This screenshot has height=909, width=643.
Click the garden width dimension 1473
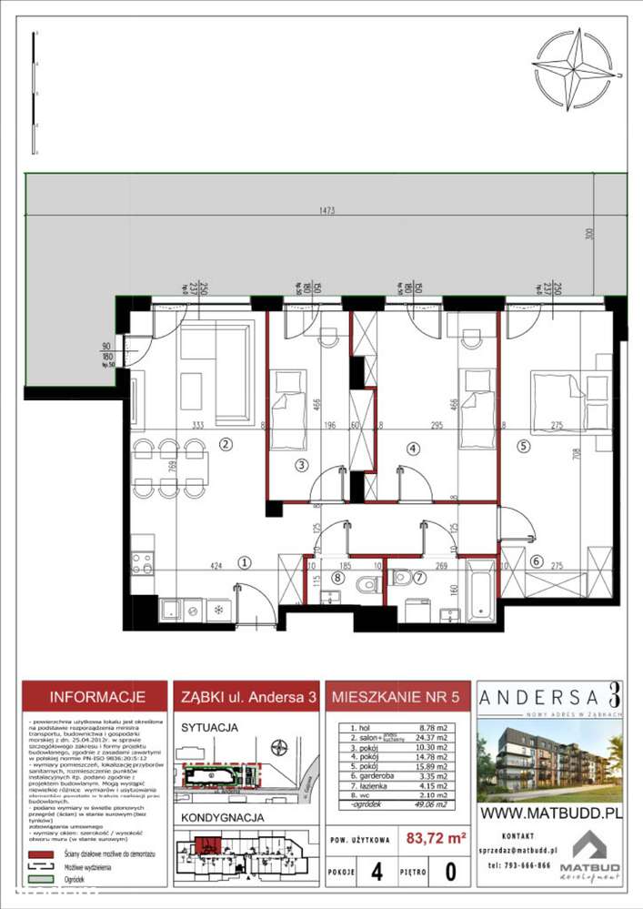pos(327,210)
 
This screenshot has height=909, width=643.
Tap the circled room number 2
pos(226,444)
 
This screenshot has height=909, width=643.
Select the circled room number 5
pos(523,446)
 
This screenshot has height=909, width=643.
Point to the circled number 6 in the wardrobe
pos(536,561)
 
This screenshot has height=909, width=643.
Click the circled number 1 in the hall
pos(244,562)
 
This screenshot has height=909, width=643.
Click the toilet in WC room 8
pos(368,583)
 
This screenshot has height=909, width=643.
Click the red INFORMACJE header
pos(96,698)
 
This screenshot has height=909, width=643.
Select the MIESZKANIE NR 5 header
pos(397,698)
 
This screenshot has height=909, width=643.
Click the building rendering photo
pos(550,755)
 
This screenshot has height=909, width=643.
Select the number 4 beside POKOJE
pos(377,872)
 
